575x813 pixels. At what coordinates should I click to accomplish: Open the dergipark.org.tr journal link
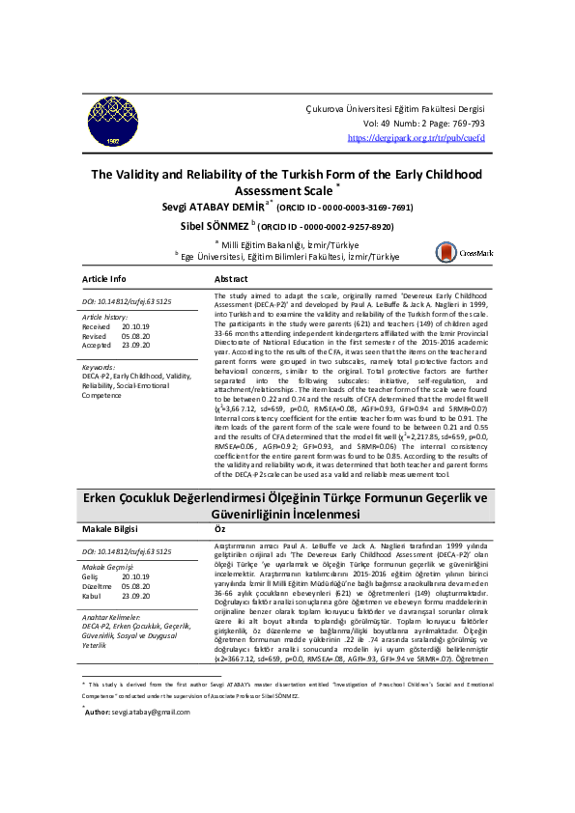(416, 138)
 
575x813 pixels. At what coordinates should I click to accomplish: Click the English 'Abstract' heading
(238, 278)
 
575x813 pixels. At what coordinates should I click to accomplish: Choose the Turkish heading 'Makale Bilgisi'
(110, 529)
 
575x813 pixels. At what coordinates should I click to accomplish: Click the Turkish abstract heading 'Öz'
(219, 529)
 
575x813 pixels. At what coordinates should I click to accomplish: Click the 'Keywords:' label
(100, 368)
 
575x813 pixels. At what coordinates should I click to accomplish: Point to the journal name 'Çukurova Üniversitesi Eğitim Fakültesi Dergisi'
(394, 110)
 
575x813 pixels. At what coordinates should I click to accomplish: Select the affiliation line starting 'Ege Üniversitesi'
(288, 256)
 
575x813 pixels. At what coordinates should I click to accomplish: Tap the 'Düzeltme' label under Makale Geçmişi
(98, 584)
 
